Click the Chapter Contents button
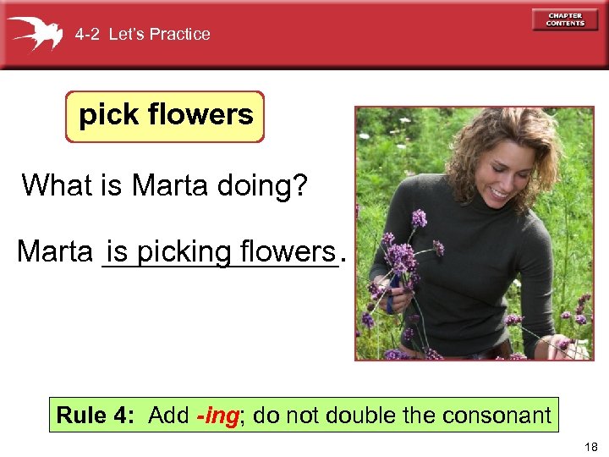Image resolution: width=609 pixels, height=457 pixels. click(565, 20)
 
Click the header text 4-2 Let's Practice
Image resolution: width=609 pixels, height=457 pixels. click(142, 35)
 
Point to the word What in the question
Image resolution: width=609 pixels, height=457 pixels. click(55, 184)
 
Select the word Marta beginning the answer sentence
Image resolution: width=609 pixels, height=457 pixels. click(54, 251)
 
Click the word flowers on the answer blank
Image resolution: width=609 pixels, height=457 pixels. click(288, 251)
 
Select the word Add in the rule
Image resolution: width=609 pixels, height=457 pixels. click(169, 416)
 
